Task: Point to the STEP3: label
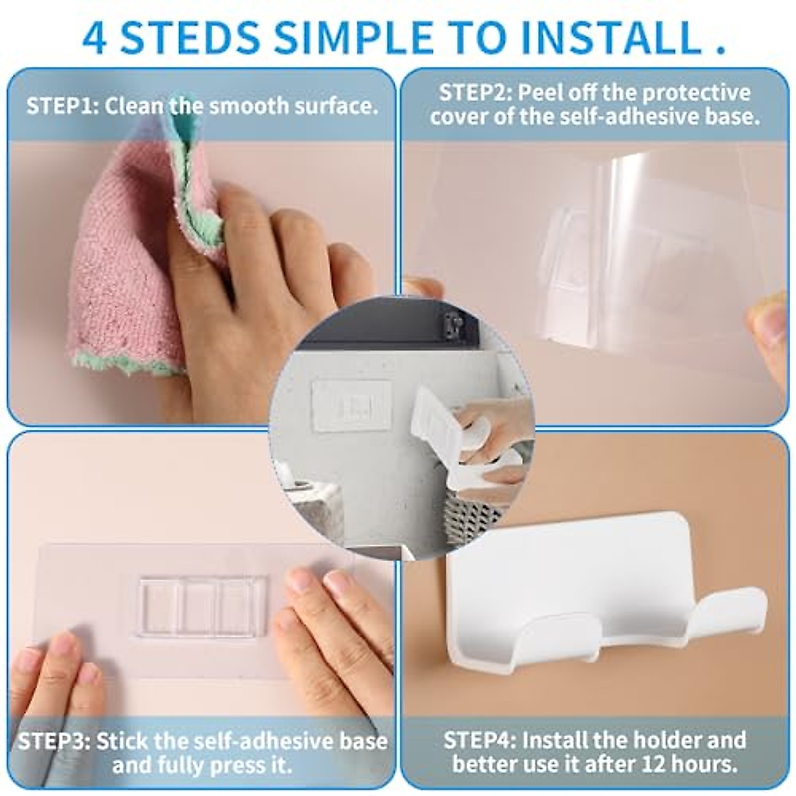[x=54, y=741]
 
